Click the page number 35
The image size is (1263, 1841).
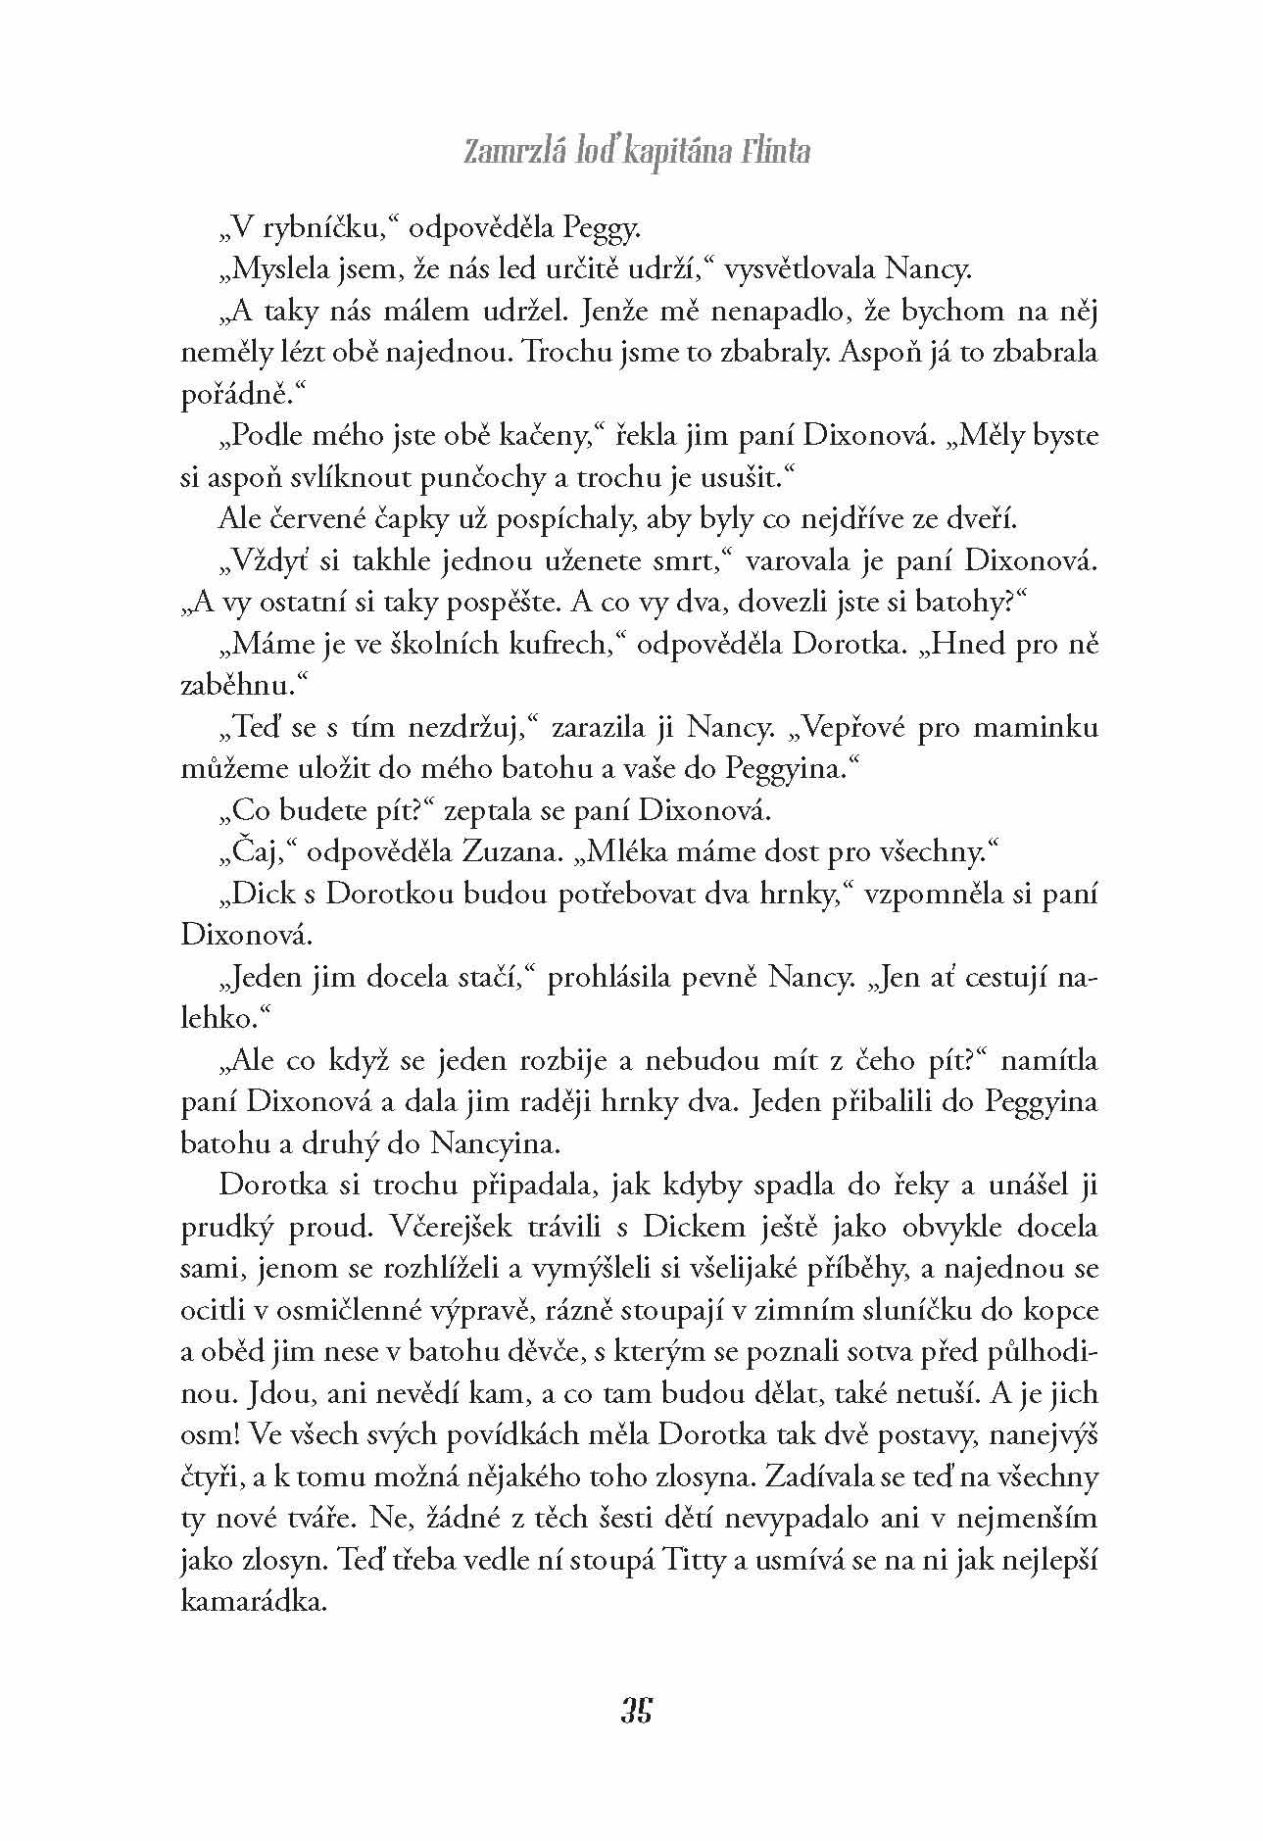tap(636, 1709)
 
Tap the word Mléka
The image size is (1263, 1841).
tap(640, 852)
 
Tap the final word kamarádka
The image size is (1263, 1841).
tap(253, 1601)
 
